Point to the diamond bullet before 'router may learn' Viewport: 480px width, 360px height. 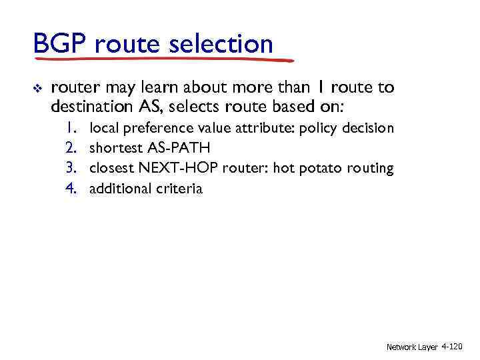pos(38,87)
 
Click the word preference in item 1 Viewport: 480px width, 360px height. pos(151,128)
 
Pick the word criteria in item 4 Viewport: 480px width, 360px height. pos(179,188)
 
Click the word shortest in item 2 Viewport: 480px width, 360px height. pos(116,148)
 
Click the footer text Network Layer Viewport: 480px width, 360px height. pos(411,347)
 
